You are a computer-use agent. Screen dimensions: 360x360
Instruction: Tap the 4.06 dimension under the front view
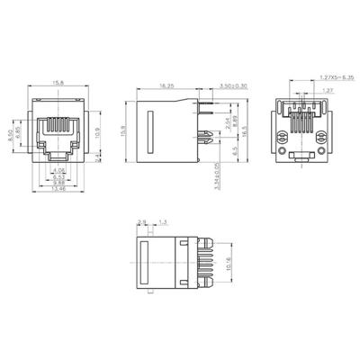click(x=58, y=170)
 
